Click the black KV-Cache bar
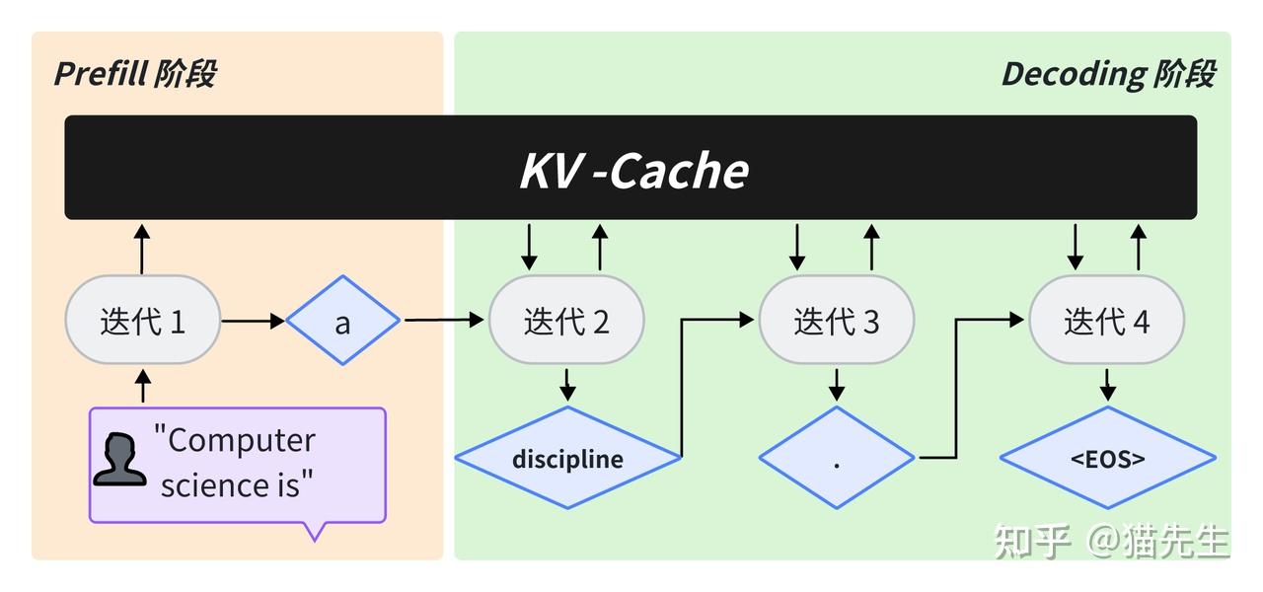pos(631,168)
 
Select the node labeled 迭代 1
pos(142,322)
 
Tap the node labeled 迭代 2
pos(566,322)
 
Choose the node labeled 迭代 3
pos(836,322)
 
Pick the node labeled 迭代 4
pos(1106,322)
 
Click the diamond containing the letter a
pos(342,322)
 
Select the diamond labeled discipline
pos(567,458)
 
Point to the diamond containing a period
pos(837,458)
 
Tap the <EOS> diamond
pos(1107,458)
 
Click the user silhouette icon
pos(118,460)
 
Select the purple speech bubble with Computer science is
pos(237,464)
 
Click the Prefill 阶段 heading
pos(134,74)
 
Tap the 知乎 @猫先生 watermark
pos(1111,541)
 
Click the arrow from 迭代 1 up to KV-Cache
pos(142,249)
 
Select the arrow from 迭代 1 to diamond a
pos(254,321)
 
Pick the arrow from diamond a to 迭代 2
pos(444,320)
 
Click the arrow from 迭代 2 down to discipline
pos(567,385)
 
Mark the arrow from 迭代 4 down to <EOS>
pos(1107,385)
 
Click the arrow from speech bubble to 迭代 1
pos(143,387)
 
